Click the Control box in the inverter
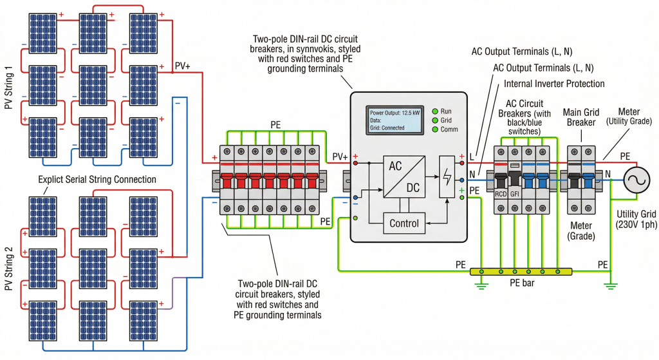click(404, 223)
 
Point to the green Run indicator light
click(436, 111)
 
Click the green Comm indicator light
click(436, 129)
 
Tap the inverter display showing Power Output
click(395, 120)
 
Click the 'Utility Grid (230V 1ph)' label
click(636, 220)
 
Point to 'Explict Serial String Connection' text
click(97, 179)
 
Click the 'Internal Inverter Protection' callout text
click(554, 84)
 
